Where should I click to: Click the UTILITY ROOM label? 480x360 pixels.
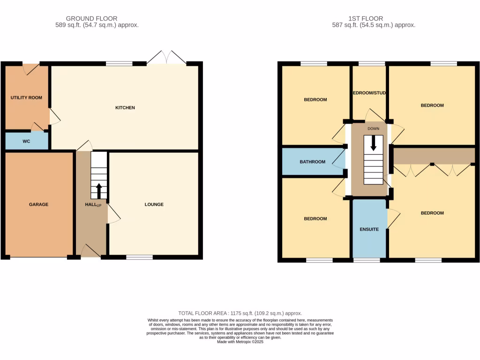click(26, 98)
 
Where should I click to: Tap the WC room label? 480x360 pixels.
click(26, 141)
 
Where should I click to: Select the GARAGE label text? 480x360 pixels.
click(38, 204)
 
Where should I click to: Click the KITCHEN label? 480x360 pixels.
click(125, 108)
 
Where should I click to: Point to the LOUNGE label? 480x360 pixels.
click(154, 204)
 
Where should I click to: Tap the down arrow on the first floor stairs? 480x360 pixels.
click(373, 143)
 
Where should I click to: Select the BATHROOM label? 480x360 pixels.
click(312, 162)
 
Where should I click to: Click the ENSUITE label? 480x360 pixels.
click(369, 229)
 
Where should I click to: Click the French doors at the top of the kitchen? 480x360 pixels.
click(166, 58)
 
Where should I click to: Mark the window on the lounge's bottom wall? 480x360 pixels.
click(139, 257)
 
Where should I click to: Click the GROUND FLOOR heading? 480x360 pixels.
click(97, 19)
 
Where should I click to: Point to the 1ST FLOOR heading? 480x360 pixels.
click(374, 19)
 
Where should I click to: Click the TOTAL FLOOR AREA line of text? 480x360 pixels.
click(240, 313)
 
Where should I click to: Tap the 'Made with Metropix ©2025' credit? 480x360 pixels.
click(240, 342)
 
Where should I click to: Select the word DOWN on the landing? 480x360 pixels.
click(373, 128)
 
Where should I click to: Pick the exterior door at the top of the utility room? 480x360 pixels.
click(31, 68)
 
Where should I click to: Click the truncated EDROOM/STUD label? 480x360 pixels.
click(369, 93)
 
